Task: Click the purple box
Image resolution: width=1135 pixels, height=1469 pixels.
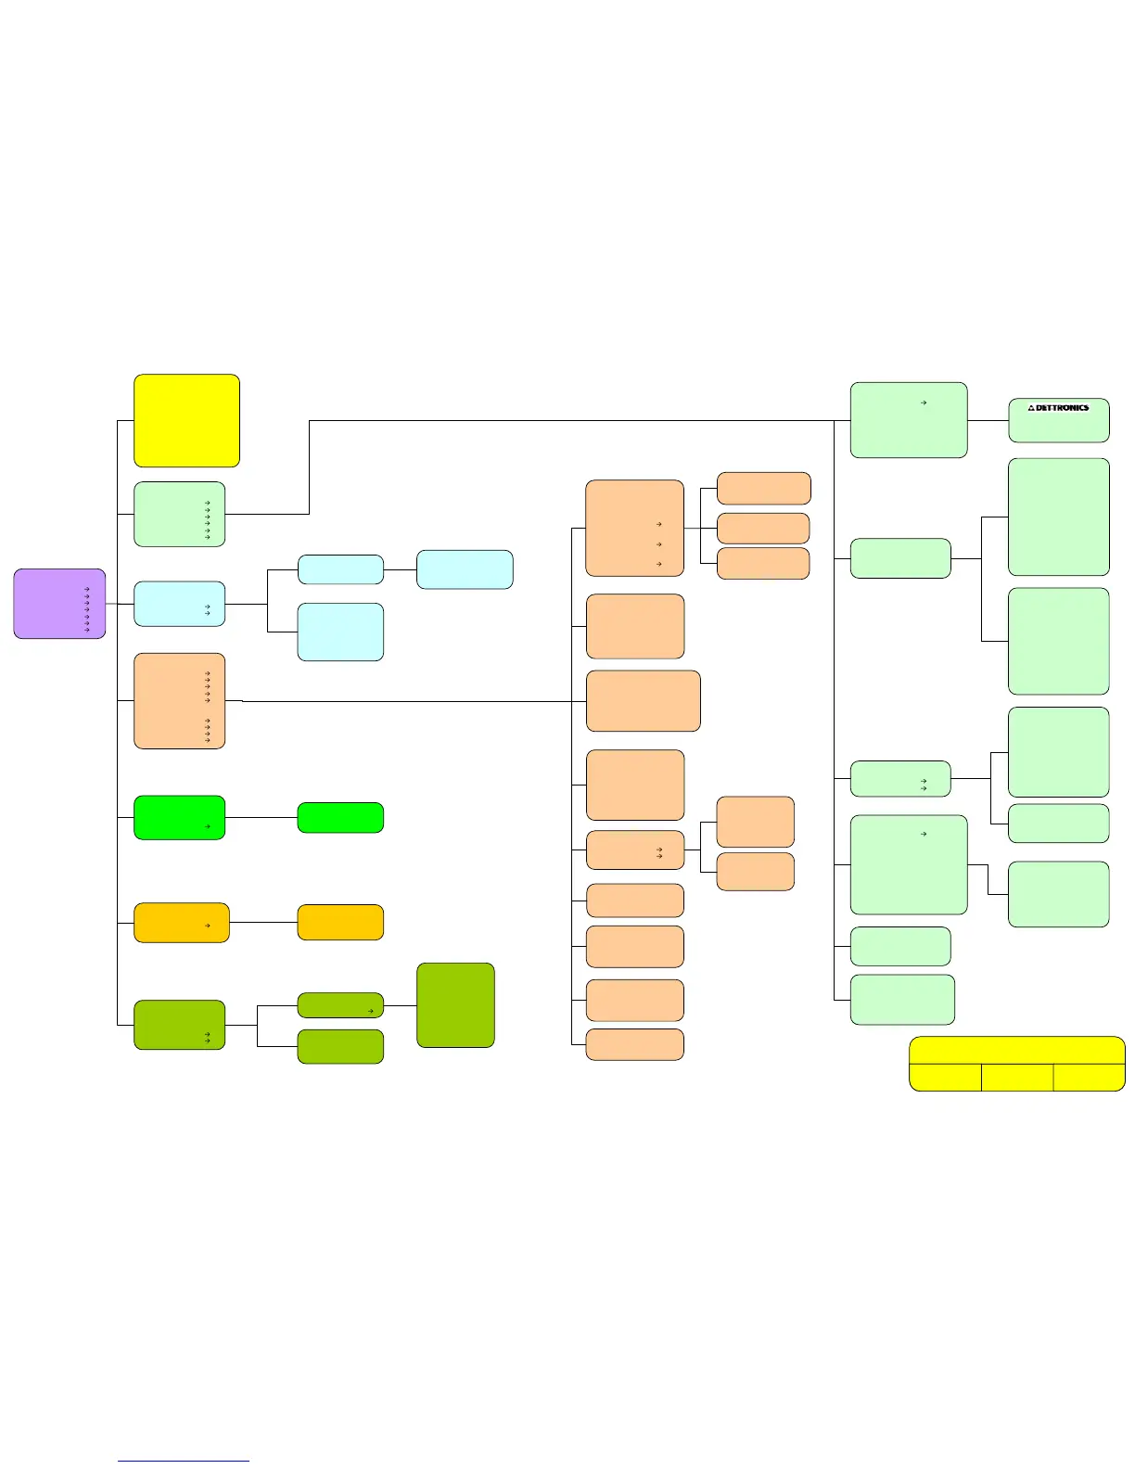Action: point(59,604)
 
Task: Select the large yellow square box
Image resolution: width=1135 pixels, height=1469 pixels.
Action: point(186,420)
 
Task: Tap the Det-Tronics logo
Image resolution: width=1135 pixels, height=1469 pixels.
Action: point(1058,408)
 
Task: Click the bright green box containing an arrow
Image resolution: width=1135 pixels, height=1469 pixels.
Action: point(179,817)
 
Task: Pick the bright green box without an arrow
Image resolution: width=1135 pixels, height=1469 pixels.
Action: point(340,818)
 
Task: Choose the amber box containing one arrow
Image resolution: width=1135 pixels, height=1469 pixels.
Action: point(181,923)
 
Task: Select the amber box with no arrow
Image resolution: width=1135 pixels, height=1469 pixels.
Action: point(340,923)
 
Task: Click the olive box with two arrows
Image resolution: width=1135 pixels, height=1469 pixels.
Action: point(179,1025)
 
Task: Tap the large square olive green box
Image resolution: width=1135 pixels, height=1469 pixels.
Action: point(455,1005)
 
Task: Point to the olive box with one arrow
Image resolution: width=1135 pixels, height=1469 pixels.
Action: point(340,1005)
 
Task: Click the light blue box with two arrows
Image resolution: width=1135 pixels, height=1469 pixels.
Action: point(179,604)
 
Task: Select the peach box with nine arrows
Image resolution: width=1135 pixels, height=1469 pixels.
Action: point(179,701)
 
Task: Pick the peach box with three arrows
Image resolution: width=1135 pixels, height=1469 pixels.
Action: point(634,528)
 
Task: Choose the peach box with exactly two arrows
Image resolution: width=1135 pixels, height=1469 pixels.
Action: point(635,850)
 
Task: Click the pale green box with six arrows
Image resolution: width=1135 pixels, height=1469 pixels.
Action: point(179,514)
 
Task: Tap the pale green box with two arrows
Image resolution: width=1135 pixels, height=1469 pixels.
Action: point(899,779)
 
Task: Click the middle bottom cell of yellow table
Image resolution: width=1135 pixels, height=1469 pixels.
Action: point(1017,1078)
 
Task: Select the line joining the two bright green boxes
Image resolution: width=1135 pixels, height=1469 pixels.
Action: point(261,818)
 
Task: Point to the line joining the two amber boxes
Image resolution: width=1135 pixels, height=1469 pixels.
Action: point(263,923)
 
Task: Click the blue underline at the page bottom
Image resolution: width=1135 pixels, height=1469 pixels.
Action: point(184,1462)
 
